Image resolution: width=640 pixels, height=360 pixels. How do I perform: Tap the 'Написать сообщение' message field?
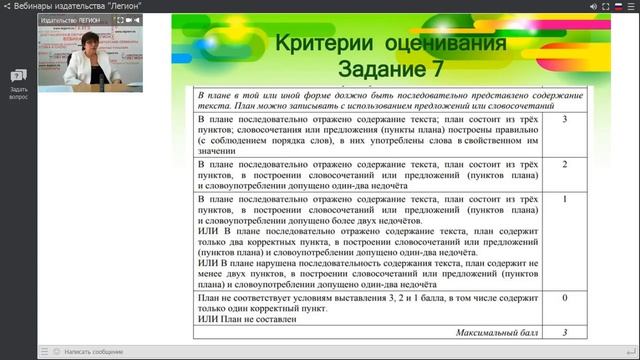coord(95,352)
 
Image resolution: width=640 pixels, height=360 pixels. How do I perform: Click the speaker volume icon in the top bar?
coord(591,6)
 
